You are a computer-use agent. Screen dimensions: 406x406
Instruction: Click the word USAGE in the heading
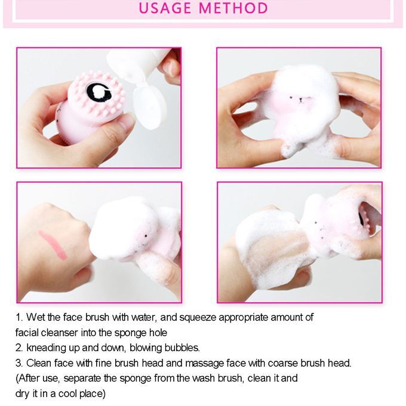click(x=165, y=8)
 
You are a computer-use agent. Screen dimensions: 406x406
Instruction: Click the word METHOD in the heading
click(x=233, y=8)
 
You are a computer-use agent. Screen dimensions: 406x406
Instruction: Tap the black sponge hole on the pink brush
click(x=99, y=92)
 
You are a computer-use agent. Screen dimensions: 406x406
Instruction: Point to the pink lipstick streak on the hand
click(x=53, y=245)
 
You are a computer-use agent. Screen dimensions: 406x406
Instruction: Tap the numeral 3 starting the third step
click(x=18, y=363)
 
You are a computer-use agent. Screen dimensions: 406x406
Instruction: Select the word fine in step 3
click(x=103, y=363)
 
